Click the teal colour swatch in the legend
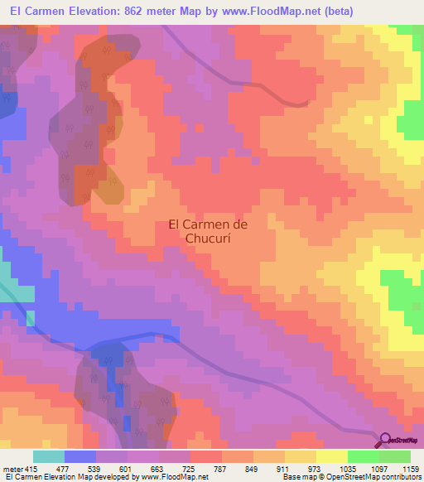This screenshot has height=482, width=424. [x=49, y=456]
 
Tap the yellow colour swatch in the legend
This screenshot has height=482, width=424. [x=332, y=456]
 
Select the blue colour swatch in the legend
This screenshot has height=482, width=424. [x=80, y=456]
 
